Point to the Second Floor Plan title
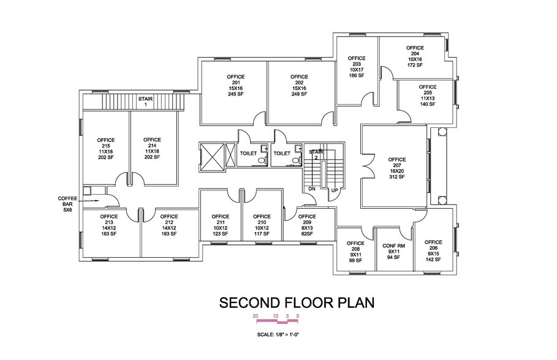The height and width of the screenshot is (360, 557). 297,303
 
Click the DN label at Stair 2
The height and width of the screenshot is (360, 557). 311,189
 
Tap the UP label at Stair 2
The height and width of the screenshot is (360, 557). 335,190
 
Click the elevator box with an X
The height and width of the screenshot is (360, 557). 211,155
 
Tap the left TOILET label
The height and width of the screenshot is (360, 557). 248,153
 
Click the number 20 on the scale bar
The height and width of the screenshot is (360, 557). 256,315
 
